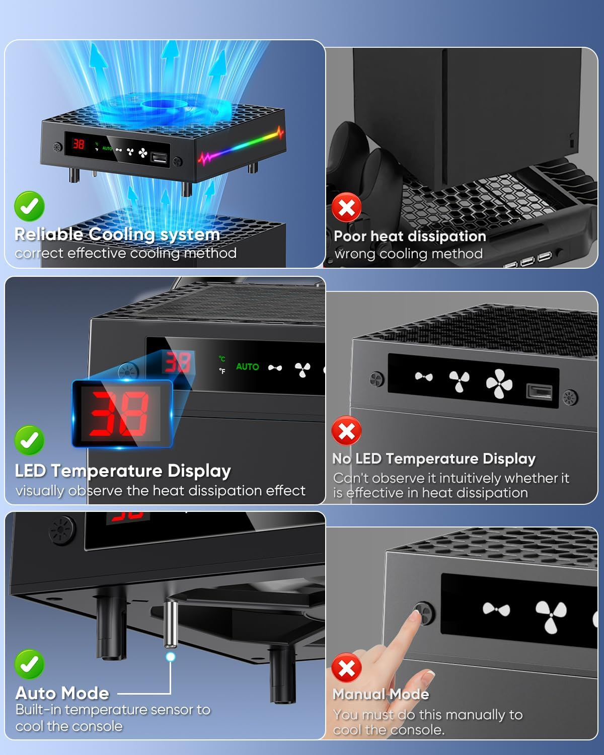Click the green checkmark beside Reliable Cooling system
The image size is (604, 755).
(29, 206)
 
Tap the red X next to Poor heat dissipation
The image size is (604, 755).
(346, 207)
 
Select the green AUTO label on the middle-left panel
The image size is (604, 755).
(247, 367)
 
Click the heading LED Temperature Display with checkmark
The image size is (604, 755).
(123, 471)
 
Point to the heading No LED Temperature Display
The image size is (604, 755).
(434, 459)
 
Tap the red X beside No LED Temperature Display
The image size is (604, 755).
(346, 431)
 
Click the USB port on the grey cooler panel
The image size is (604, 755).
(539, 392)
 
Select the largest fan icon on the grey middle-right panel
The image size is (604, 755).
(499, 384)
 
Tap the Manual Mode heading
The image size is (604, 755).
(381, 694)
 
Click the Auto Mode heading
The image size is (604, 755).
(62, 693)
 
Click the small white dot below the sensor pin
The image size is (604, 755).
(171, 657)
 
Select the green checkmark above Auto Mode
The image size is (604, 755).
(29, 664)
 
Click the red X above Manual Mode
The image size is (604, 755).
(346, 668)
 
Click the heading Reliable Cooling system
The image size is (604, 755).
(117, 235)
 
